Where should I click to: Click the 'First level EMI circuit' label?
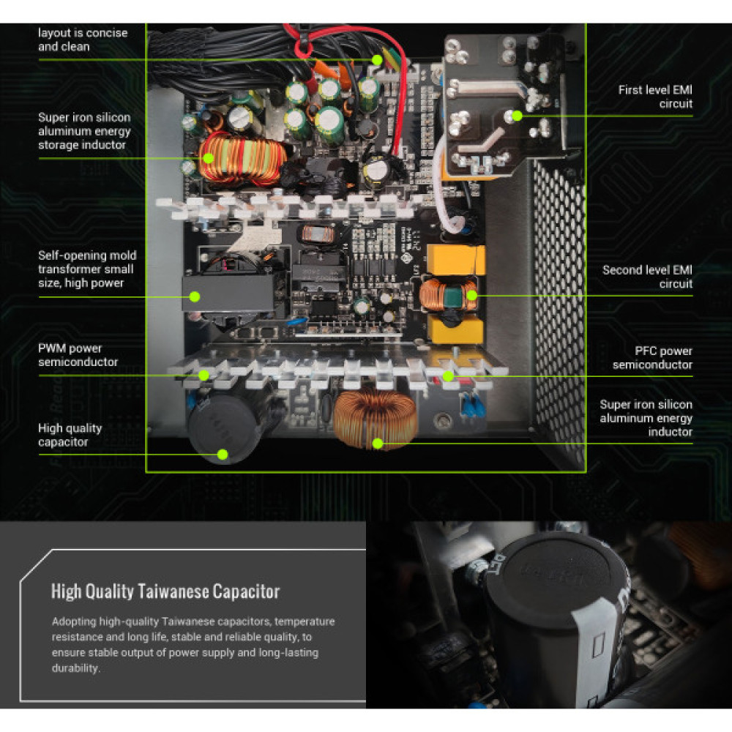pos(655,97)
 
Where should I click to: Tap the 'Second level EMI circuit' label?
pos(647,277)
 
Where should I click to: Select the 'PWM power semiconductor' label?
pos(78,355)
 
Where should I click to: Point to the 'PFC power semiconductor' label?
pos(652,358)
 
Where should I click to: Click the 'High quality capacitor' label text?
pos(70,435)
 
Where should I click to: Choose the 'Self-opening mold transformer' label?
pos(87,269)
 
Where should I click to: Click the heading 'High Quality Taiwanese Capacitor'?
pos(165,591)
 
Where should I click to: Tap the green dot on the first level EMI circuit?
pos(517,115)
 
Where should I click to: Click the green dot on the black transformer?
pos(195,296)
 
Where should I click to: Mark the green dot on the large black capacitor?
pos(223,455)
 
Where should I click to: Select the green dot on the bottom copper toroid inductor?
pos(378,443)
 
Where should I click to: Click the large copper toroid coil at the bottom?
pos(375,419)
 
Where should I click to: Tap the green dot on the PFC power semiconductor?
pos(448,376)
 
